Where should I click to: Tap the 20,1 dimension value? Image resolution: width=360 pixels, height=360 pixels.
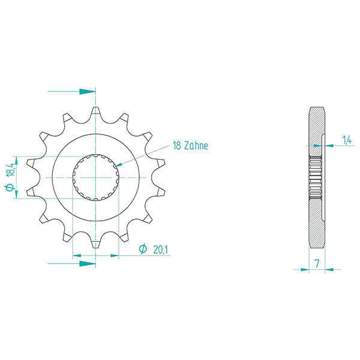(160, 249)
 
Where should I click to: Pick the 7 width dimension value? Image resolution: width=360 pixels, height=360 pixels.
(316, 263)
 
